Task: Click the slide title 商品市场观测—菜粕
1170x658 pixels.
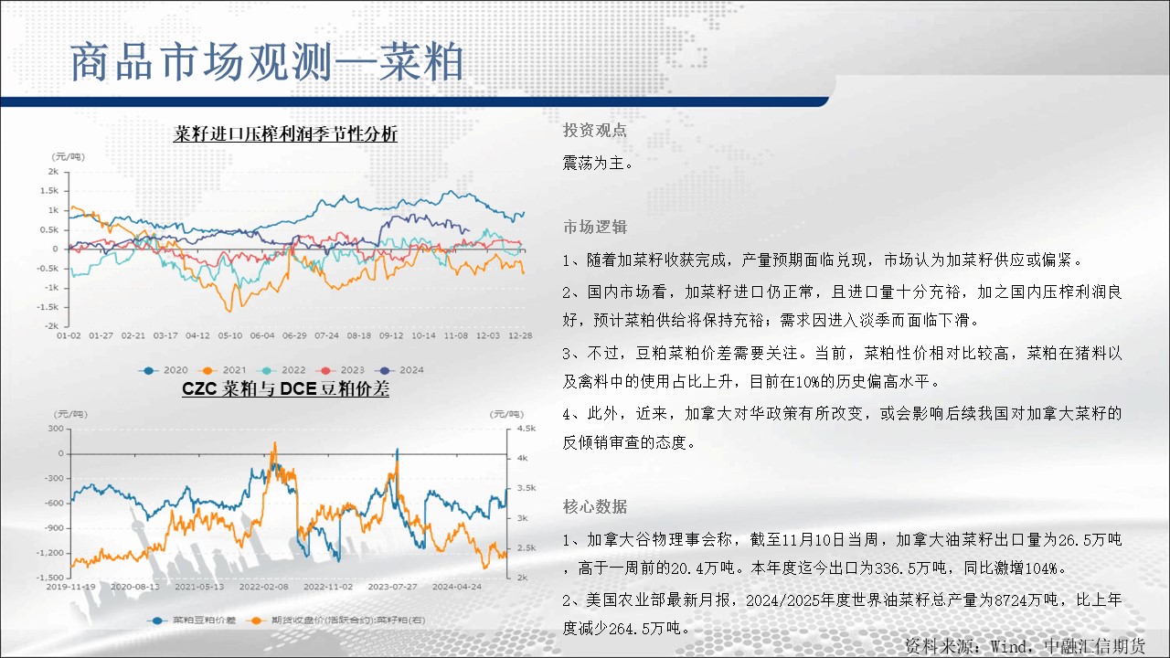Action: point(267,62)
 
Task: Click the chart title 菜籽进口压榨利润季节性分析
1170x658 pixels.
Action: point(285,134)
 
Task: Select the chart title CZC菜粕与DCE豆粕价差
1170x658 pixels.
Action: point(285,389)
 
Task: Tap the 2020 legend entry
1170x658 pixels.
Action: point(163,370)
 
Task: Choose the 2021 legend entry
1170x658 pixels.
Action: point(222,370)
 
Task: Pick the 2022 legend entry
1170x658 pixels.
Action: point(281,370)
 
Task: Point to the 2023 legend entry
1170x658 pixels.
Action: point(340,370)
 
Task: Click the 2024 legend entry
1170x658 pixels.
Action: point(399,370)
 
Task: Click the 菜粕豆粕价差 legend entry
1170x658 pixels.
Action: point(192,621)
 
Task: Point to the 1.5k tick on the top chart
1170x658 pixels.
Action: point(49,191)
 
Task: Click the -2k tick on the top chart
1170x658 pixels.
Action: point(51,326)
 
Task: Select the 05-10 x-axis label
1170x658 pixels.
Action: point(229,335)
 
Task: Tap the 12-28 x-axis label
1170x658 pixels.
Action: point(520,335)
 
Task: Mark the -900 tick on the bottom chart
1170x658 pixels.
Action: point(53,528)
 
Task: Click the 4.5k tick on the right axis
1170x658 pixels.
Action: point(526,429)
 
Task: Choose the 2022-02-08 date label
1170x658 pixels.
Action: point(264,587)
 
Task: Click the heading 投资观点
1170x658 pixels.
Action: point(595,130)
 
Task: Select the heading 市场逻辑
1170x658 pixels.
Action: point(595,228)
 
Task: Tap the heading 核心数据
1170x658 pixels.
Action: point(595,506)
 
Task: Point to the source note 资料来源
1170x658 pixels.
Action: point(1025,646)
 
